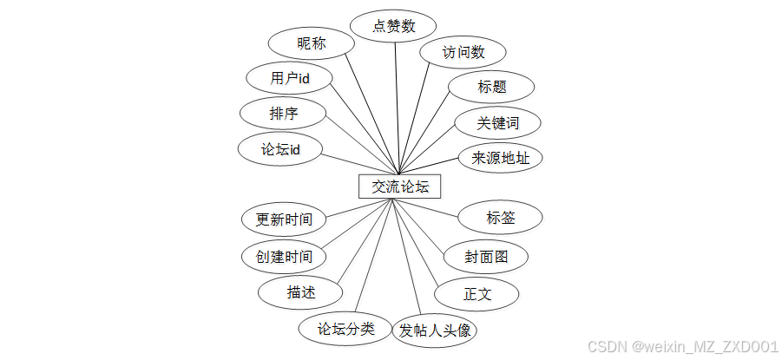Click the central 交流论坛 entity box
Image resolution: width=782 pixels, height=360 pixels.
pyautogui.click(x=400, y=187)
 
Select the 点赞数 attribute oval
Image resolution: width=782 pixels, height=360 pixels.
pyautogui.click(x=394, y=26)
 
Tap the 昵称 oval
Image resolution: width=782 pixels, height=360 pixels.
pyautogui.click(x=311, y=43)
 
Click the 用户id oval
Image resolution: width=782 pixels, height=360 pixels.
pyautogui.click(x=290, y=79)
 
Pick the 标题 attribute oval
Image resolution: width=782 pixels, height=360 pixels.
pyautogui.click(x=491, y=87)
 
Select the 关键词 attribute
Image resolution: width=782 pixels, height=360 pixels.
pyautogui.click(x=497, y=123)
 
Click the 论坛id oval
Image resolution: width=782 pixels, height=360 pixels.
pyautogui.click(x=280, y=148)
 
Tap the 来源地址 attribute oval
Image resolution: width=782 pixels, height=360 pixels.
pyautogui.click(x=501, y=158)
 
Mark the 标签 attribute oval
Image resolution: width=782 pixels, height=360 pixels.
pyautogui.click(x=501, y=218)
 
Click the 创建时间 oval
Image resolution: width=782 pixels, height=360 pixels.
pyautogui.click(x=284, y=257)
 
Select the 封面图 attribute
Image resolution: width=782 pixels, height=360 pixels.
pyautogui.click(x=485, y=257)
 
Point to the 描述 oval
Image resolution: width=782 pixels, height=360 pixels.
pyautogui.click(x=300, y=292)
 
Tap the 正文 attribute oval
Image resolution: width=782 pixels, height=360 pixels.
pyautogui.click(x=477, y=294)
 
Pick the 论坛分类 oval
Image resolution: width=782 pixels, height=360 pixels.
pyautogui.click(x=345, y=329)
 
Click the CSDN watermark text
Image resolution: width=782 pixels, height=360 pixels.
pyautogui.click(x=682, y=347)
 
